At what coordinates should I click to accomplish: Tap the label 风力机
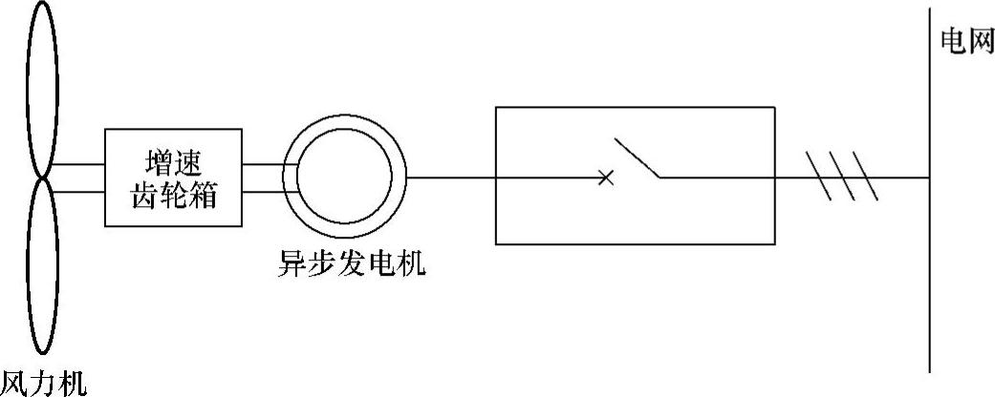[x=44, y=384]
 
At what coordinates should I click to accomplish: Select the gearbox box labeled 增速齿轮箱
[x=172, y=179]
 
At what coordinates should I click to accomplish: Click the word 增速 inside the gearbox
[x=172, y=162]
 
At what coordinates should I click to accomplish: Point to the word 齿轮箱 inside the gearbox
[x=172, y=197]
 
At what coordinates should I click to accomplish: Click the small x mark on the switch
[x=604, y=178]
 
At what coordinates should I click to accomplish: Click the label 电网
[x=965, y=44]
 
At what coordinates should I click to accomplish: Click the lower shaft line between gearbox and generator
[x=262, y=190]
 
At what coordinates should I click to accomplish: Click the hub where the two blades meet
[x=44, y=177]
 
